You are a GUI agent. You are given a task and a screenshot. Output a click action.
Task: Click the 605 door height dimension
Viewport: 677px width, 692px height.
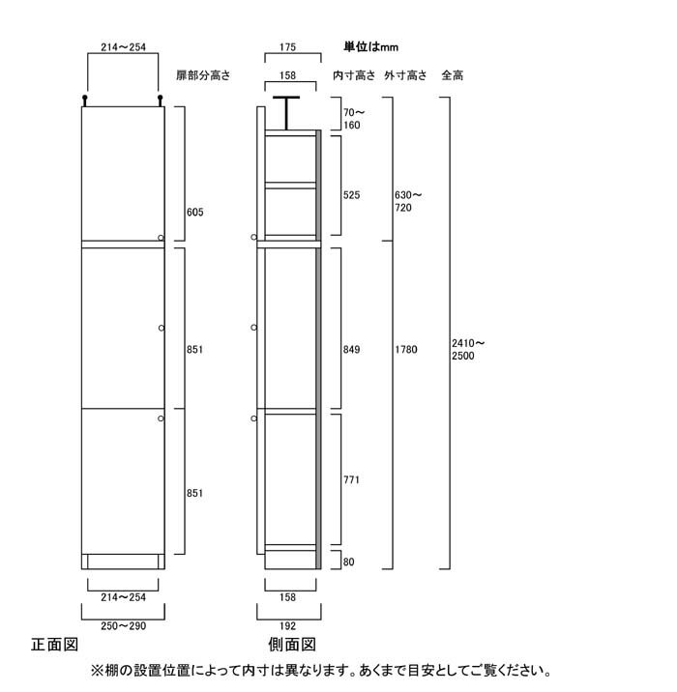pos(194,213)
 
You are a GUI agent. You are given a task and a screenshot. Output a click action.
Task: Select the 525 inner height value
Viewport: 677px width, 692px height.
pos(351,195)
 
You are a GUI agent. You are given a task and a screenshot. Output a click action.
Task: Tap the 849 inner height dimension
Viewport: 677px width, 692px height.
pos(351,350)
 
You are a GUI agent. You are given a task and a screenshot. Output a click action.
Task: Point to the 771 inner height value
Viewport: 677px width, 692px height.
pos(351,479)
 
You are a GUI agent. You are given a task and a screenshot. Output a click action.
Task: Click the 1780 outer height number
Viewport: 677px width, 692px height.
pos(406,350)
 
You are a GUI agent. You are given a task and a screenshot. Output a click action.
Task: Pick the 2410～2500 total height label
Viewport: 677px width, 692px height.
pos(468,350)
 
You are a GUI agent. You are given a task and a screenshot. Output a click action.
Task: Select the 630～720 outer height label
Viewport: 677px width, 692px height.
pos(408,201)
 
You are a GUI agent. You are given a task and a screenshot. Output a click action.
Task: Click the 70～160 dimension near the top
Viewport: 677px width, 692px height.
pos(354,119)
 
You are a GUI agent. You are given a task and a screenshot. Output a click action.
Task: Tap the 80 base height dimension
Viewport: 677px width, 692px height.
pos(348,562)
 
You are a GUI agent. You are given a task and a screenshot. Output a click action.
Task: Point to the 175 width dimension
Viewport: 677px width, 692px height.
pos(287,46)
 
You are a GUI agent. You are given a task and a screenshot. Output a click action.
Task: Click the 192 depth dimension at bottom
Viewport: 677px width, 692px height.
pos(287,626)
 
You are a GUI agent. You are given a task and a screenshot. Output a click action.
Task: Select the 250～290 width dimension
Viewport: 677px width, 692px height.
pos(123,626)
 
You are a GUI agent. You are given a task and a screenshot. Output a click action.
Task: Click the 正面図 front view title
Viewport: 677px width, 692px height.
pos(55,645)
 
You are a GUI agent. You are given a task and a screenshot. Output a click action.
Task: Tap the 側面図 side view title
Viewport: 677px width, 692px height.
pos(292,645)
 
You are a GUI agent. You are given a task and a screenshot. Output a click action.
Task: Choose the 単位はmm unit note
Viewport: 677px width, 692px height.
pos(371,46)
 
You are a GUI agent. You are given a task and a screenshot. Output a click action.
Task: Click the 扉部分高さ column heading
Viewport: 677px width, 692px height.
pos(203,75)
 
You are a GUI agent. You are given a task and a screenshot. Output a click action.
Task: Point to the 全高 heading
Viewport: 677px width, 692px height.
pos(453,75)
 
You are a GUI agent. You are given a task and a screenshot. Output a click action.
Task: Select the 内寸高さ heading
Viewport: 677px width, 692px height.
pos(354,75)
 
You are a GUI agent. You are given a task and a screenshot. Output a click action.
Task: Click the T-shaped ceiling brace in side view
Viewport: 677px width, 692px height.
pos(286,113)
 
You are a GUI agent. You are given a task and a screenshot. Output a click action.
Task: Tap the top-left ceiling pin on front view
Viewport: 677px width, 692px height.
pos(85,101)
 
